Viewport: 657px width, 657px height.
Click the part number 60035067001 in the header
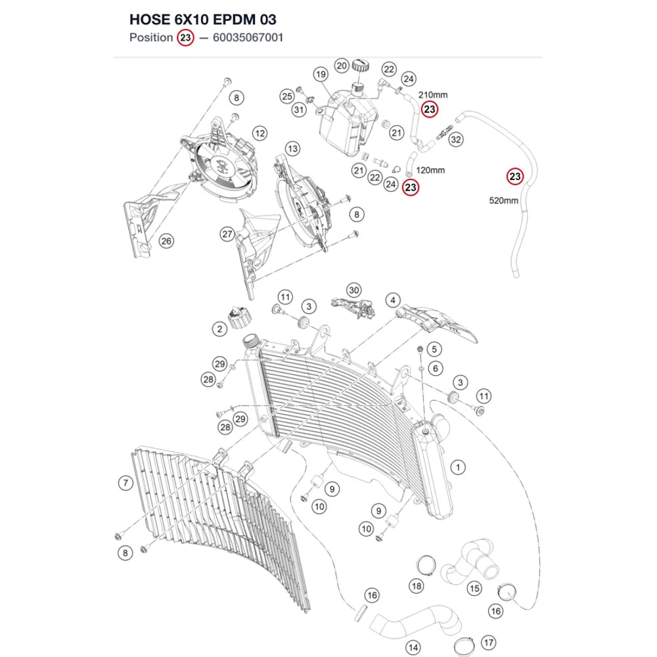248,37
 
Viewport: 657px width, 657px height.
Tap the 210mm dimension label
433,95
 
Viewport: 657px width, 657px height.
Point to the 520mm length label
504,200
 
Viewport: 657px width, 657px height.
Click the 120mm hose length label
430,171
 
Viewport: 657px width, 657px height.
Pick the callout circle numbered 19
321,75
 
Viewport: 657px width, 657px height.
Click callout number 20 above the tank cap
342,66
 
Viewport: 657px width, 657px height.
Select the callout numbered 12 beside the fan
260,133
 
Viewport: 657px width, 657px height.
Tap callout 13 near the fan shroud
292,148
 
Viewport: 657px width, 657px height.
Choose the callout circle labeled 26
166,241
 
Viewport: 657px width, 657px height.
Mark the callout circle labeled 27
227,235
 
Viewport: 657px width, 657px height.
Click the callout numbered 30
354,290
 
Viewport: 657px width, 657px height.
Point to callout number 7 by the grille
125,483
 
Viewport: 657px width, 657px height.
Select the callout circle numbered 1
458,467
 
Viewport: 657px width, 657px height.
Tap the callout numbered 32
456,139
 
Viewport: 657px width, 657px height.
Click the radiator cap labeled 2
240,317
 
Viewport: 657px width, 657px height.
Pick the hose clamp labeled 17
464,646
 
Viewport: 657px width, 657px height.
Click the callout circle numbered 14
413,647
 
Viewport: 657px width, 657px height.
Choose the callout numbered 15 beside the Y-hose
474,589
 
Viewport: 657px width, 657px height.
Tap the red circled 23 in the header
185,37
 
